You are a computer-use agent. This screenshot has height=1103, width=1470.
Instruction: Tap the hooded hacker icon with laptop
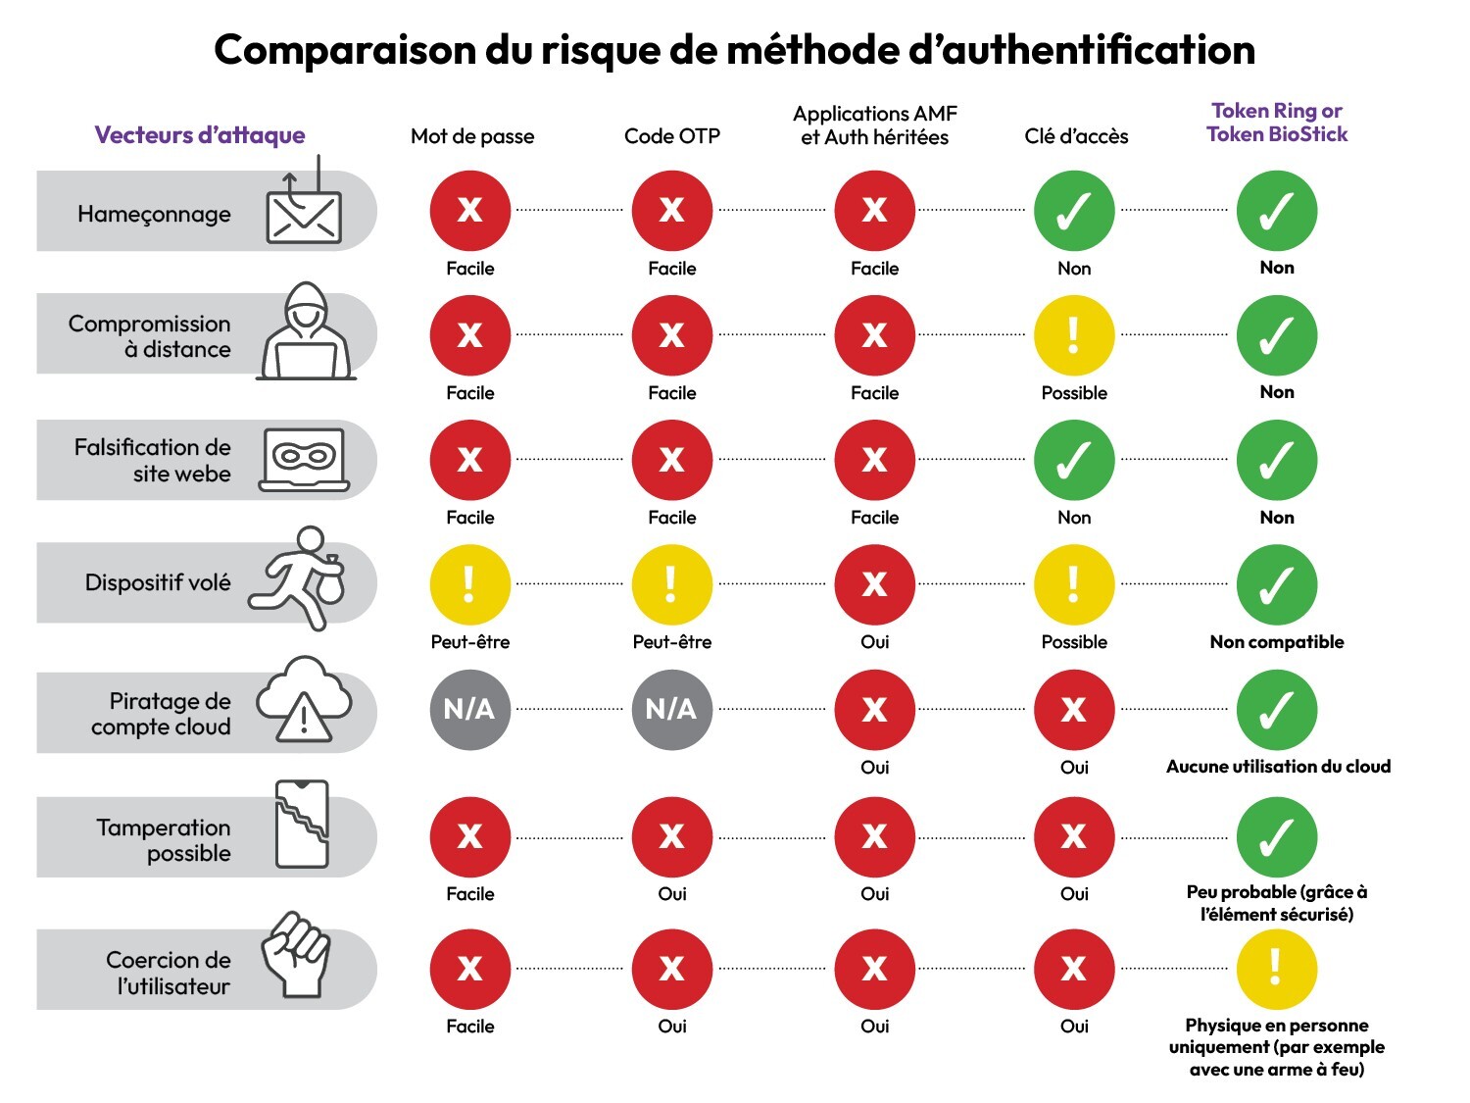click(x=305, y=333)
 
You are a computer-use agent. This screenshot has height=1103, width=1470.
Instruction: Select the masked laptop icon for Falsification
click(x=304, y=459)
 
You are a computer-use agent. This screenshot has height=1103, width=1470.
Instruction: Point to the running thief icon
click(x=298, y=578)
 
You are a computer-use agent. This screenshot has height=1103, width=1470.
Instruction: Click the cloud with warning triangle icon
click(x=304, y=700)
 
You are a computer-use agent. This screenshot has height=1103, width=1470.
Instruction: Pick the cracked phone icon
click(x=302, y=825)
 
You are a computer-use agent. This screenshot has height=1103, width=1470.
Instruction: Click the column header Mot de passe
click(x=472, y=136)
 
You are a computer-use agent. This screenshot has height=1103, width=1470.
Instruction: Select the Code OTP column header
click(x=672, y=136)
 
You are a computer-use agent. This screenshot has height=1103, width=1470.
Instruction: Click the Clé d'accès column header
click(x=1076, y=136)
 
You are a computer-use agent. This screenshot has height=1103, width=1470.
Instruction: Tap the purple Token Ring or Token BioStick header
click(x=1277, y=123)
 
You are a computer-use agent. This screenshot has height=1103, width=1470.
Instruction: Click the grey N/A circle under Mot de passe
click(x=469, y=710)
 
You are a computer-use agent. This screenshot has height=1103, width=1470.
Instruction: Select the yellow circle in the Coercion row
click(x=1276, y=969)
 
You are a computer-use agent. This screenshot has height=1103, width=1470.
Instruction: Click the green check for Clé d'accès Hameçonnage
click(x=1074, y=211)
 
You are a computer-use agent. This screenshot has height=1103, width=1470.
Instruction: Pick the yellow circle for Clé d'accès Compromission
click(x=1074, y=335)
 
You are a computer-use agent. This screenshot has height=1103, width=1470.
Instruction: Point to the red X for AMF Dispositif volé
click(x=874, y=584)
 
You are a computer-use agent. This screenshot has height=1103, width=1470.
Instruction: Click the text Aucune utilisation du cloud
click(x=1278, y=767)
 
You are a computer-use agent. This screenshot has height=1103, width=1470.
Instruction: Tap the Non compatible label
click(x=1277, y=642)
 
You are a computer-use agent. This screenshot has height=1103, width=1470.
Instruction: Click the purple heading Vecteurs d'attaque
click(x=200, y=135)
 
